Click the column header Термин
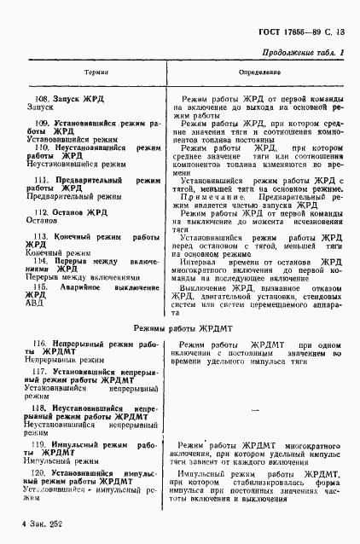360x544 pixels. [x=95, y=76]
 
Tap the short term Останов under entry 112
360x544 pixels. [x=42, y=218]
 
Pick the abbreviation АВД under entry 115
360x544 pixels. [x=34, y=302]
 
